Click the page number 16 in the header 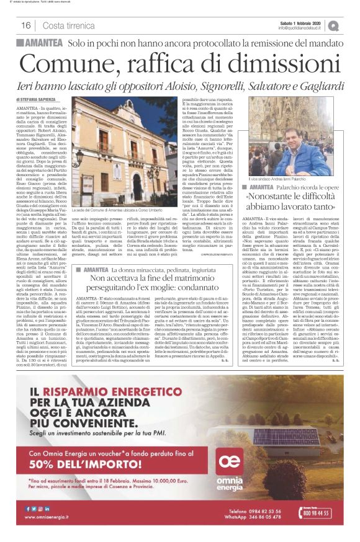tap(25, 25)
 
